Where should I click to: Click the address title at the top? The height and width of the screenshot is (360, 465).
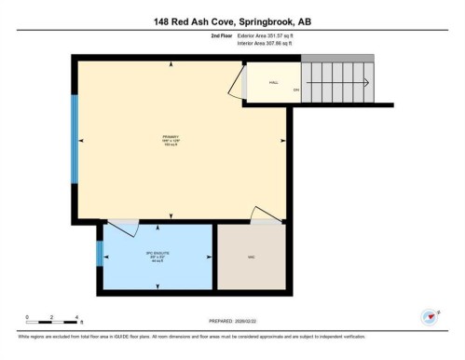[x=232, y=21]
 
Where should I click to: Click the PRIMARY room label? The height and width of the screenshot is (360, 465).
[x=170, y=141]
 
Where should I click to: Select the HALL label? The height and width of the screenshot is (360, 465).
[x=274, y=82]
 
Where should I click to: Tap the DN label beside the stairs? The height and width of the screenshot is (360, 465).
[x=295, y=90]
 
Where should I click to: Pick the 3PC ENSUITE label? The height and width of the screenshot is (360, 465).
[x=156, y=256]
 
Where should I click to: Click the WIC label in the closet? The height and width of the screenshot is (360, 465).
[x=251, y=256]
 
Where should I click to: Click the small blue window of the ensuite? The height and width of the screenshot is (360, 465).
[x=100, y=254]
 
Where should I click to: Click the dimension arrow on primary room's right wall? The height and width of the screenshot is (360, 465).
[x=283, y=141]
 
